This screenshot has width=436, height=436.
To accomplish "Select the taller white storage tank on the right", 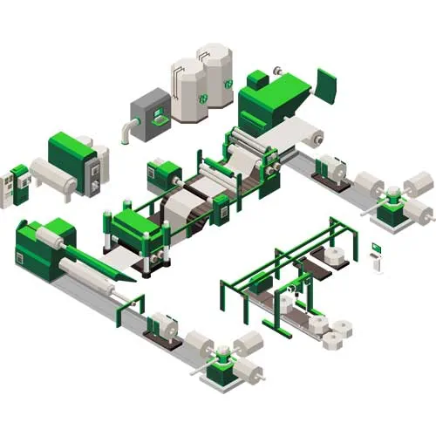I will tap(215, 75).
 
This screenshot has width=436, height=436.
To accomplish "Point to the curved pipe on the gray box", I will tap(128, 131).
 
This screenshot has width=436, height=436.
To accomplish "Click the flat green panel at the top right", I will tap(326, 85).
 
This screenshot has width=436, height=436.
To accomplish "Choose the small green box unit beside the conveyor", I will tap(163, 172).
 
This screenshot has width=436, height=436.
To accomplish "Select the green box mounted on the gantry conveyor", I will tap(259, 282).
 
